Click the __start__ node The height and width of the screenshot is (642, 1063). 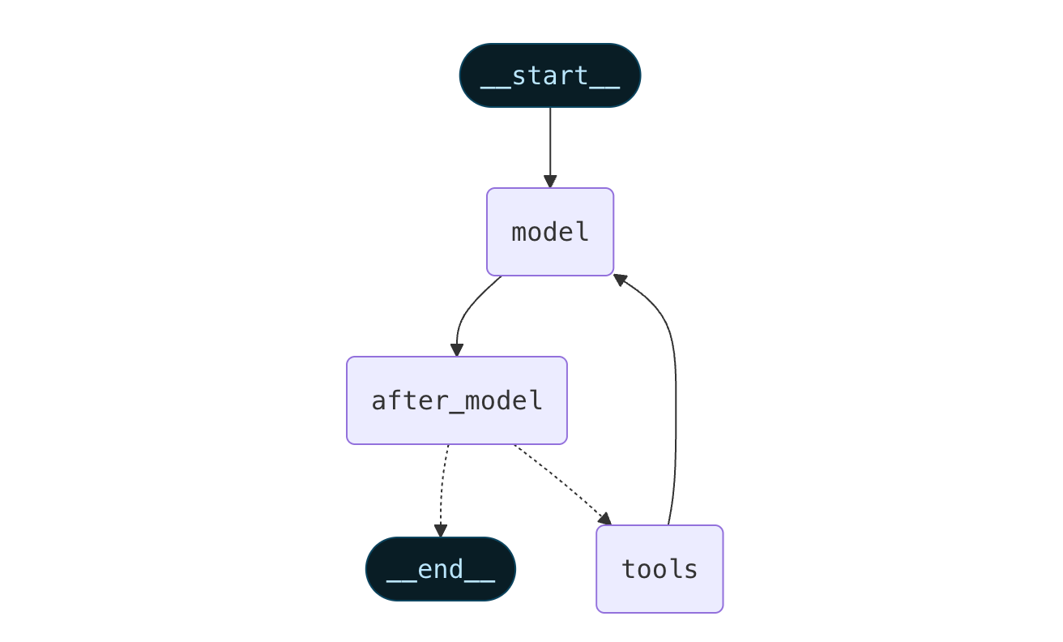click(550, 75)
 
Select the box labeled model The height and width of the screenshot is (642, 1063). click(550, 232)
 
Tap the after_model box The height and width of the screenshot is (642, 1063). click(457, 400)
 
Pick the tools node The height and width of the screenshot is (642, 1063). click(660, 569)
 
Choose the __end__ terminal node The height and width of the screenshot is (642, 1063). click(441, 569)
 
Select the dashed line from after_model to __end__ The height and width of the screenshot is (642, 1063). click(442, 486)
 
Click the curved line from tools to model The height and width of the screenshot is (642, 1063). click(676, 405)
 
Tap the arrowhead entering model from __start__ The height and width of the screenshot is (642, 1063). click(550, 182)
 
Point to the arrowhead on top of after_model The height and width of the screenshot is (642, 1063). click(457, 350)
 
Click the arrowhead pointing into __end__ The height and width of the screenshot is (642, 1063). click(441, 531)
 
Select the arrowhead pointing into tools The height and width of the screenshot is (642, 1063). click(604, 519)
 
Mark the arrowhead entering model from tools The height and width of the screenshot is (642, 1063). click(620, 280)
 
